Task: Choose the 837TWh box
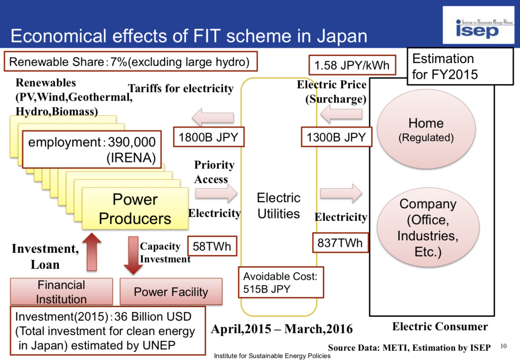click(340, 243)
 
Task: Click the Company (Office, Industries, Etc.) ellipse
click(426, 227)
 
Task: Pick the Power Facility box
click(171, 292)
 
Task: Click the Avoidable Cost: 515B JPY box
click(281, 283)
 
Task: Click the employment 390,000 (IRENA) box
click(92, 149)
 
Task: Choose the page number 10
click(504, 346)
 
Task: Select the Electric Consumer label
click(440, 326)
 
